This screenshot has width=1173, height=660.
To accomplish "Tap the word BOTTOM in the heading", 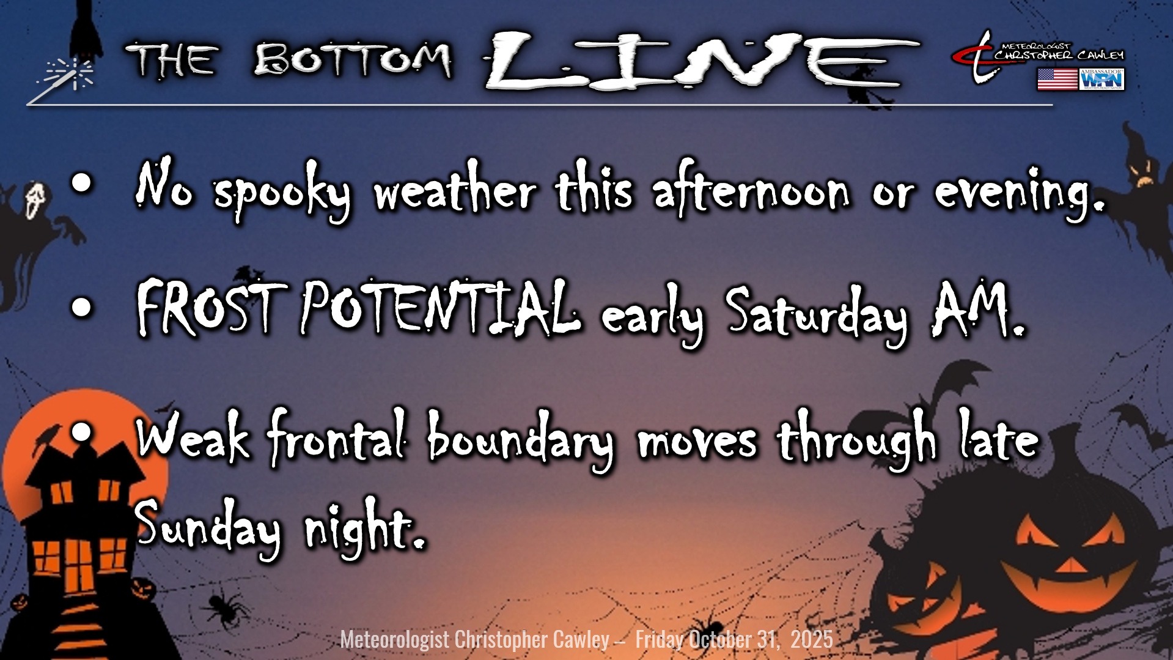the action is pyautogui.click(x=353, y=60).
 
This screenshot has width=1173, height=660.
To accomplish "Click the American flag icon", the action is pyautogui.click(x=1057, y=80).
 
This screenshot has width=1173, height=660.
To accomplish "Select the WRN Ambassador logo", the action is pyautogui.click(x=1102, y=80).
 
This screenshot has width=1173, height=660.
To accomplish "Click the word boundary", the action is pyautogui.click(x=520, y=440).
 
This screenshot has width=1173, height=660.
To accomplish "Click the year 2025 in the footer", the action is pyautogui.click(x=812, y=639).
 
